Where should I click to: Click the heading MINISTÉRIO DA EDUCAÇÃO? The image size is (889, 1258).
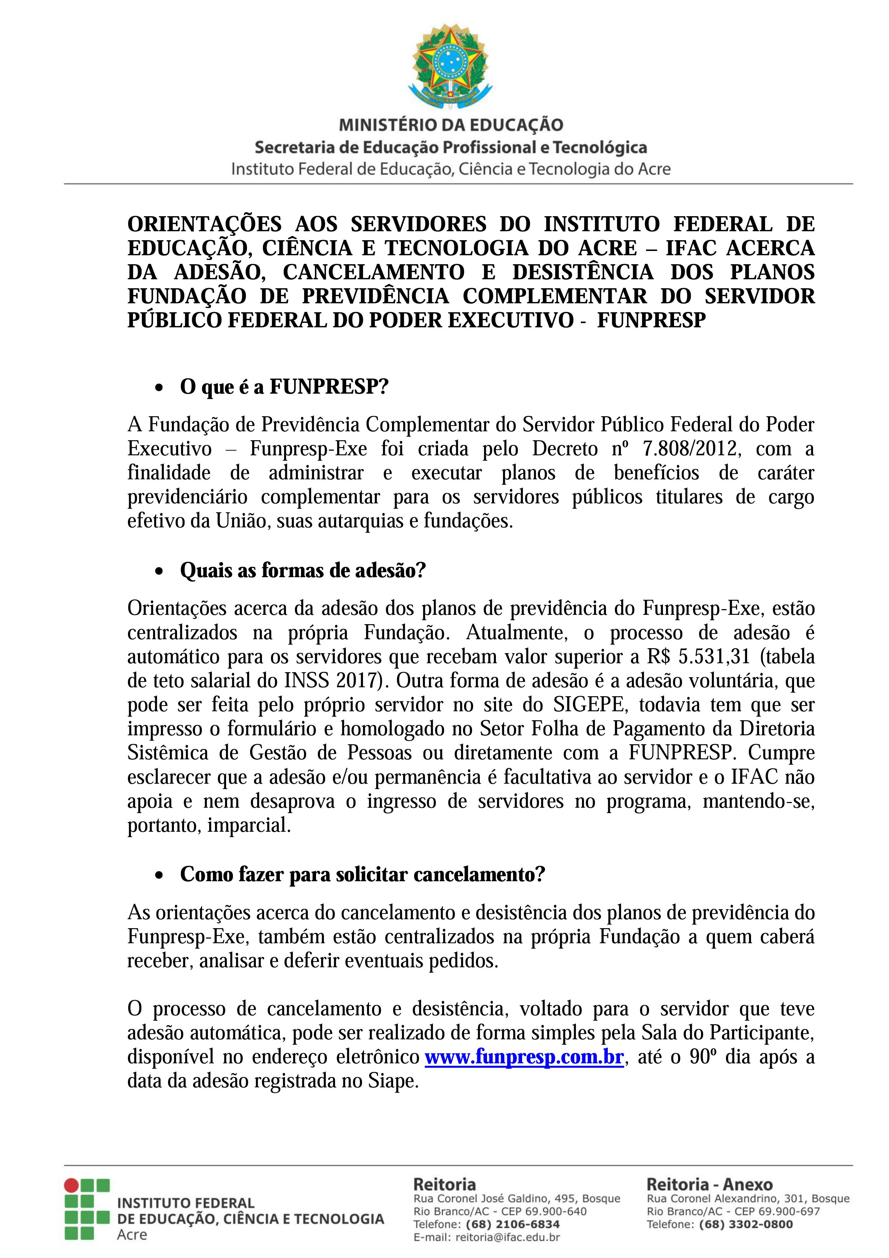click(x=451, y=125)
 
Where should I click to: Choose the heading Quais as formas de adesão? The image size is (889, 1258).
click(x=302, y=570)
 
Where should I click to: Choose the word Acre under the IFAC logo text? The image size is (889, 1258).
click(x=132, y=1234)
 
